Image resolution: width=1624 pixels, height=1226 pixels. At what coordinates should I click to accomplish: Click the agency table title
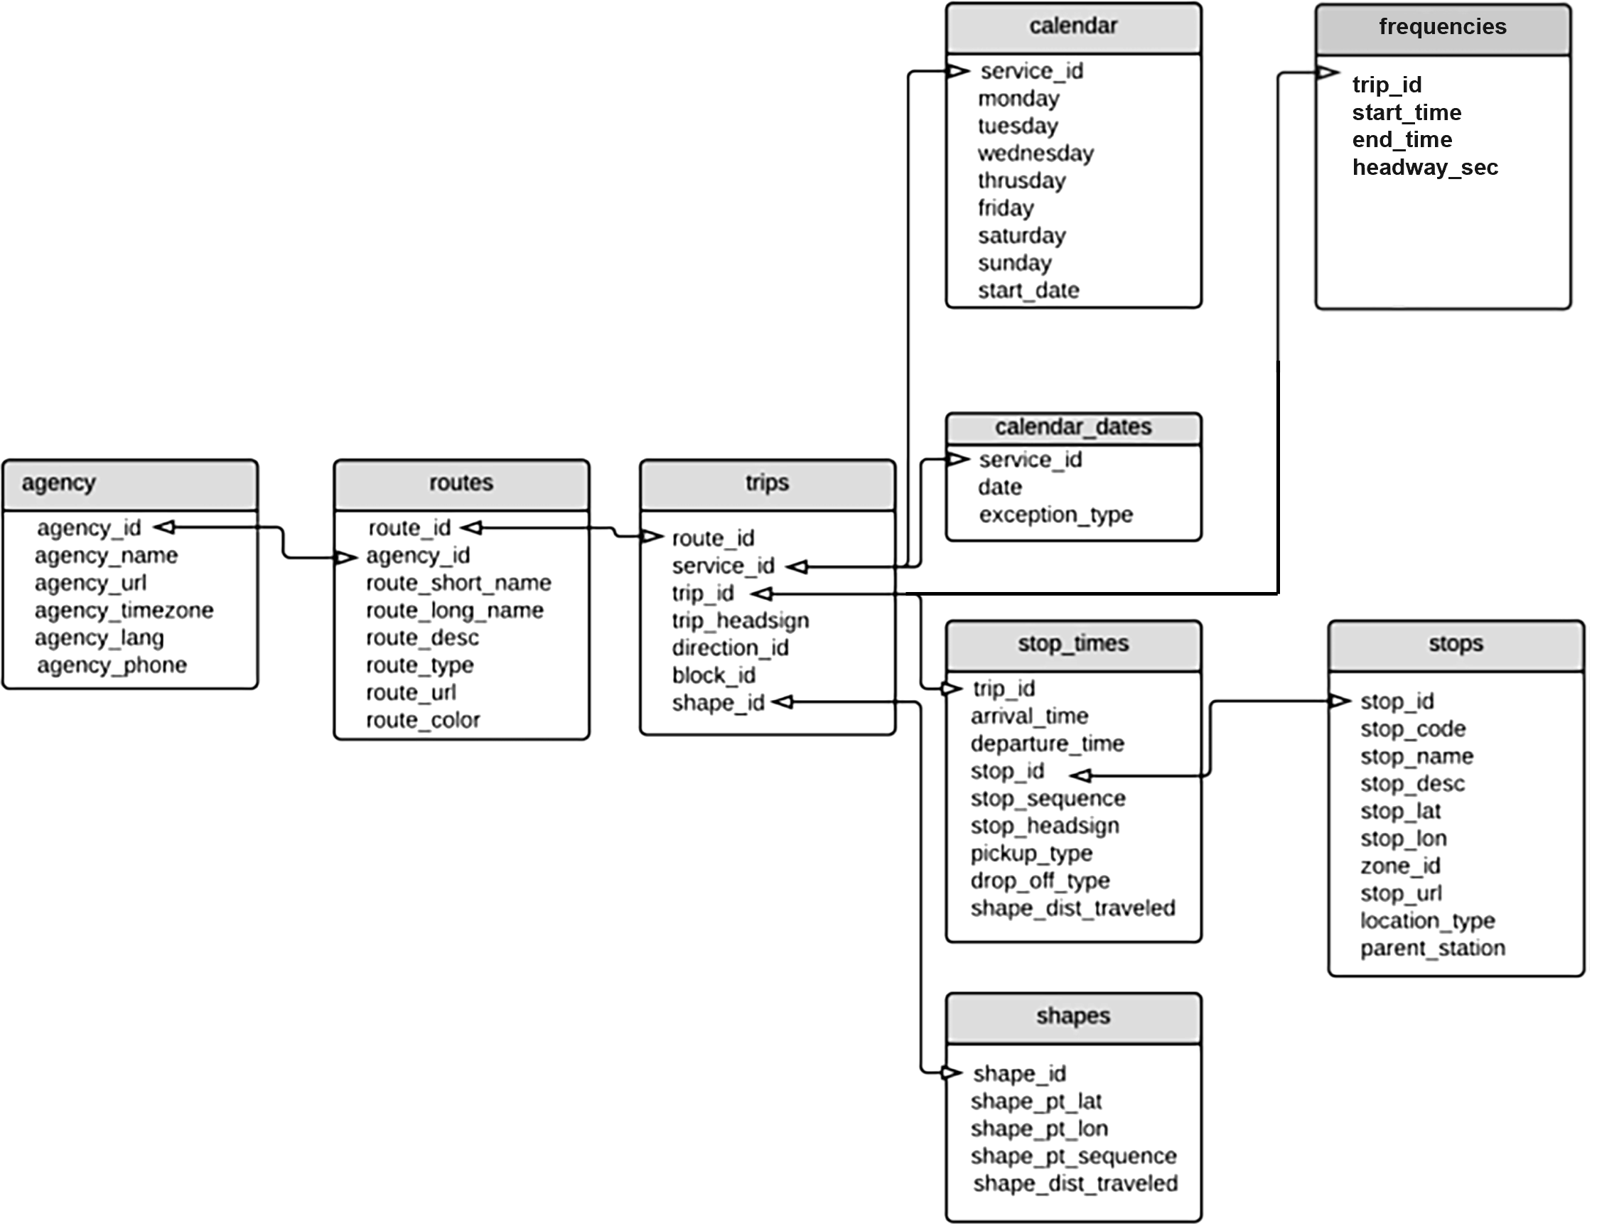point(59,483)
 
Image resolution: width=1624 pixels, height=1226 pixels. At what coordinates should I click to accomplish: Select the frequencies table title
point(1442,27)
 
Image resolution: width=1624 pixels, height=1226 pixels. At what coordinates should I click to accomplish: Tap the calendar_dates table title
point(1072,427)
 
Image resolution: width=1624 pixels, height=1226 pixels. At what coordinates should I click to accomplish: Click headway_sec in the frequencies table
point(1424,168)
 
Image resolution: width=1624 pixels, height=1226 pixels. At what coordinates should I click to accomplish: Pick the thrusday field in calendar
point(1021,181)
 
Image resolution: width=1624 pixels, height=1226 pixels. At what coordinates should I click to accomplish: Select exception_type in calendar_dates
point(1055,515)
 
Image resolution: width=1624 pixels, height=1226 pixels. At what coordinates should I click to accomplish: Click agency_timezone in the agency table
point(124,610)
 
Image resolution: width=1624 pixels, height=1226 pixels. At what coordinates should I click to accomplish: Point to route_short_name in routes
point(458,583)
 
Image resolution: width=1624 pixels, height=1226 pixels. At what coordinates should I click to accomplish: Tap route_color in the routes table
point(423,720)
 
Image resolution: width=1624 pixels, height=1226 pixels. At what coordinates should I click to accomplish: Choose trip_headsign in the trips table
point(740,621)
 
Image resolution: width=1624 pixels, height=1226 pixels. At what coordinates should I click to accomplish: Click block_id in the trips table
point(713,675)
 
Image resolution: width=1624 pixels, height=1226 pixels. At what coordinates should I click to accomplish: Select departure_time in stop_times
point(1047,743)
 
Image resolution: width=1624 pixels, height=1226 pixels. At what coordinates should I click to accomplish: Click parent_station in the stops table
point(1432,949)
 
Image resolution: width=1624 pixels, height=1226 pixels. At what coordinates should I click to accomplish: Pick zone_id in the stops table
point(1400,866)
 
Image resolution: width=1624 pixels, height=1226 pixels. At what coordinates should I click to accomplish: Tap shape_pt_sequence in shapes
point(1073,1156)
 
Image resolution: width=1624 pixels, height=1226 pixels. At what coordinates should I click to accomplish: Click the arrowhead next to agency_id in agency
point(163,527)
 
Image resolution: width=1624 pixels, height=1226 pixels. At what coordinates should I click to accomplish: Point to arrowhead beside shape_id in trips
point(783,703)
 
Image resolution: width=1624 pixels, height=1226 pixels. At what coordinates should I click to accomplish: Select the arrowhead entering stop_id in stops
point(1340,701)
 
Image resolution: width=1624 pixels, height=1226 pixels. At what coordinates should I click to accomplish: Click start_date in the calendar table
point(1028,291)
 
